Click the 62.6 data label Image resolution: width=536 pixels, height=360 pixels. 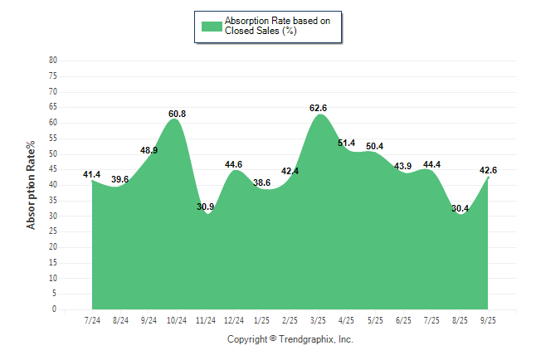(x=318, y=108)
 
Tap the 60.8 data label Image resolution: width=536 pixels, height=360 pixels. (x=177, y=114)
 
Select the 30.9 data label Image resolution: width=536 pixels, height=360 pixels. (x=206, y=207)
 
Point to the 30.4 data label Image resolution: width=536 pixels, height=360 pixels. (x=460, y=208)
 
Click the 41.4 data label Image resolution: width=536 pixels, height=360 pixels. (x=92, y=174)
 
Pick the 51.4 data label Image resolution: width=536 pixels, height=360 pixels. (x=346, y=144)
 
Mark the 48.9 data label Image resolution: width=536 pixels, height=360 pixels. (x=149, y=151)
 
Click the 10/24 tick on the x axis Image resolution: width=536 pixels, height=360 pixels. (x=177, y=319)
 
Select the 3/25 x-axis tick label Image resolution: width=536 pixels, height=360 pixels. (x=318, y=319)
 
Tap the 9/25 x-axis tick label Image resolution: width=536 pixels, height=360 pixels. (x=488, y=319)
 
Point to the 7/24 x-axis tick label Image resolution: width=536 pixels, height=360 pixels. (x=92, y=319)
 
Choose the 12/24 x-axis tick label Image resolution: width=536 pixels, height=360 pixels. (x=233, y=319)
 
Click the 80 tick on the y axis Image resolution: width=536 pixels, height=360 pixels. (x=53, y=61)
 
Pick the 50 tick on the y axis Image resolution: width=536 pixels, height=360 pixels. (x=53, y=153)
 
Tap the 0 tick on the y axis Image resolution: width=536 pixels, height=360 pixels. (x=55, y=309)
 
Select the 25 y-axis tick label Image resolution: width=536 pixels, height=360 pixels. (x=53, y=231)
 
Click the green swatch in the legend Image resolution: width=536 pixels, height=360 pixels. (x=212, y=26)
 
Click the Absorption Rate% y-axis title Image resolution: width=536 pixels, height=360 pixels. (x=31, y=185)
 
